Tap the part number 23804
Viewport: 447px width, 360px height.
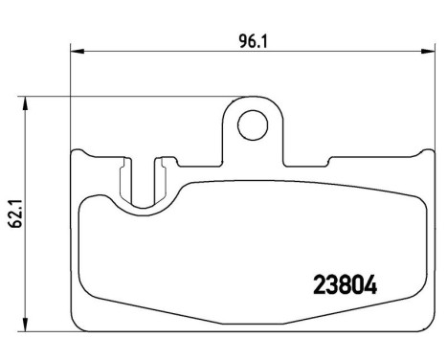[346, 284]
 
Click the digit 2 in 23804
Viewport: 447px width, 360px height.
[321, 284]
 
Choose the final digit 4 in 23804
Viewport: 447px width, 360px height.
[370, 284]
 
